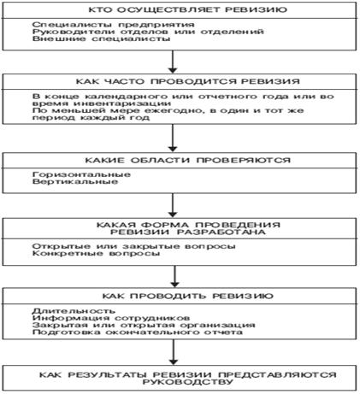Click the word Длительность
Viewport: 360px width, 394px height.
click(x=60, y=309)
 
